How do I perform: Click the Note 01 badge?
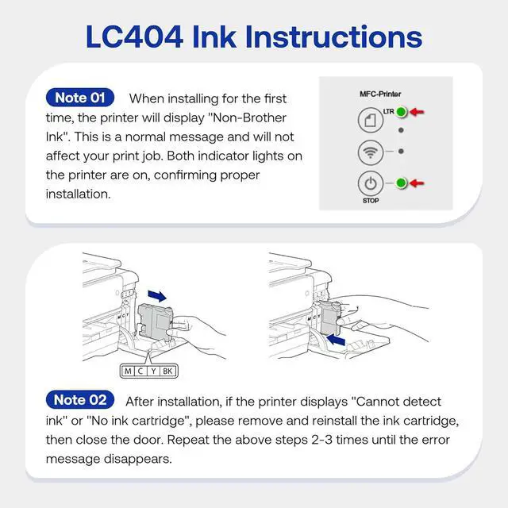(x=80, y=98)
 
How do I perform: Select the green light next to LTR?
(x=402, y=113)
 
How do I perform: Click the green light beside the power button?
(x=402, y=183)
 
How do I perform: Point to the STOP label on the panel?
(x=371, y=201)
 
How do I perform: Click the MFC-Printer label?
(x=380, y=94)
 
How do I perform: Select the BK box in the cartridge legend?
(x=167, y=371)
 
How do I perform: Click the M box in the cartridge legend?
(x=128, y=371)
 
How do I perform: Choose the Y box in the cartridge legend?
(x=152, y=371)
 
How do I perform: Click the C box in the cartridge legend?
(x=140, y=371)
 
